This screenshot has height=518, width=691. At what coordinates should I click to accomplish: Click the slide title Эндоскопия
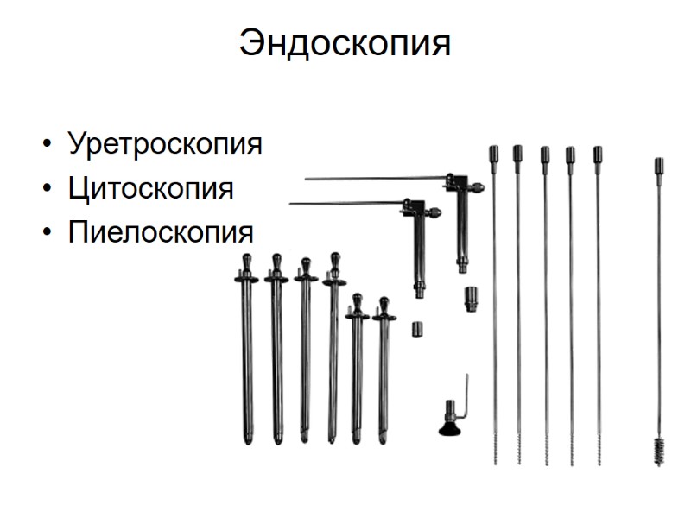[345, 41]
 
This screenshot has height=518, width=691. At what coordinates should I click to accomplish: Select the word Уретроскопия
[164, 143]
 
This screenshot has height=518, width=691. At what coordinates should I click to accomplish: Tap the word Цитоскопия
[150, 188]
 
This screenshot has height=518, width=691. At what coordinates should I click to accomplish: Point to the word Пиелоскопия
[161, 232]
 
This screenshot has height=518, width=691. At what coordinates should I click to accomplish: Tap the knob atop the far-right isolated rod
[658, 164]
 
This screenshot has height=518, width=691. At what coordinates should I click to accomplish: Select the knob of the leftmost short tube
[246, 261]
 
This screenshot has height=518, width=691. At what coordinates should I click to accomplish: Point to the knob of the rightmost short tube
[384, 303]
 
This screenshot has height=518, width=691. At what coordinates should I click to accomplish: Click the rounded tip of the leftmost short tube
[248, 439]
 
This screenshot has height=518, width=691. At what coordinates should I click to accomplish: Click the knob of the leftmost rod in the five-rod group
[494, 154]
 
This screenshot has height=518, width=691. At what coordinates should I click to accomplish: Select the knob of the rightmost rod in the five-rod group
[597, 155]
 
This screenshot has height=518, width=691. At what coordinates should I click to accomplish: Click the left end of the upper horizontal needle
[307, 180]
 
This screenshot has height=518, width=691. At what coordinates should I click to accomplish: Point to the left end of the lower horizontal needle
[292, 204]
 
